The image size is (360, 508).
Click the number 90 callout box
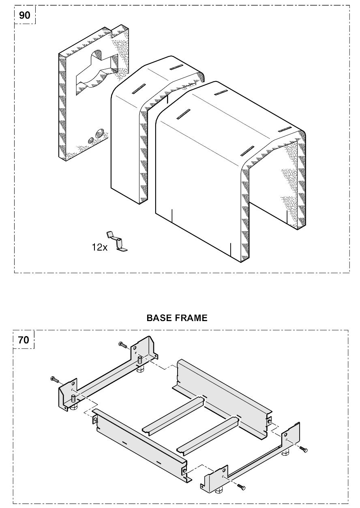pyautogui.click(x=25, y=15)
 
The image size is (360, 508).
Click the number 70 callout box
pyautogui.click(x=24, y=340)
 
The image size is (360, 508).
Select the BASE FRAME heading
pyautogui.click(x=177, y=318)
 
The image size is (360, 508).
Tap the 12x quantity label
pyautogui.click(x=99, y=247)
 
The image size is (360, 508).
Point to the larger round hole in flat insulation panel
pyautogui.click(x=99, y=133)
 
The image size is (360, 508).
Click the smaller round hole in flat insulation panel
pyautogui.click(x=91, y=140)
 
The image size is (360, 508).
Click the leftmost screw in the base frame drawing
pyautogui.click(x=55, y=379)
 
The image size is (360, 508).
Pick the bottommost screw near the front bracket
pyautogui.click(x=241, y=486)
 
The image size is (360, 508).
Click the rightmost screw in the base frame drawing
pyautogui.click(x=303, y=449)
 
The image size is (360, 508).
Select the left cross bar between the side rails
pyautogui.click(x=174, y=416)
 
